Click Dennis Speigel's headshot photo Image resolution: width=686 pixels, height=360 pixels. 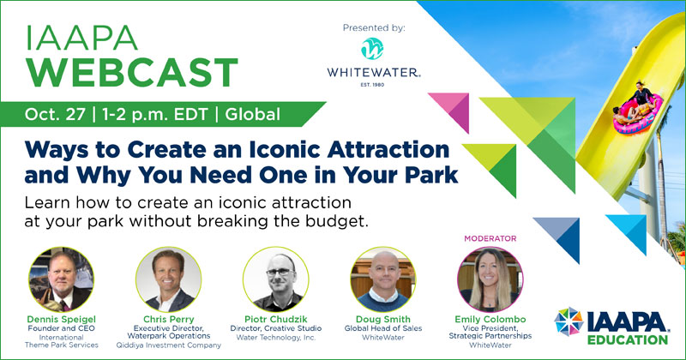61,279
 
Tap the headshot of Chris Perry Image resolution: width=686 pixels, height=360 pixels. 168,279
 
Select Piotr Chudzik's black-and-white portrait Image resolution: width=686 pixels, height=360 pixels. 275,279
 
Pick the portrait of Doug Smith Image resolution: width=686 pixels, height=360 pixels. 382,279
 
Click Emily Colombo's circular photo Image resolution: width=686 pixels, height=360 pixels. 490,279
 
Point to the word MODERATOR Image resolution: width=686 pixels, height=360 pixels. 490,238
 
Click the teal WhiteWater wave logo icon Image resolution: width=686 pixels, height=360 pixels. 372,48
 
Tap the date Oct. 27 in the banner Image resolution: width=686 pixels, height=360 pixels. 55,115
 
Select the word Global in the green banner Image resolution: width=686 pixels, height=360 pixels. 252,115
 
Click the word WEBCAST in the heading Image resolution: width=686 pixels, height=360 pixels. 131,73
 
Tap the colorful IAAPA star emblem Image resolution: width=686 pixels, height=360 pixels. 569,321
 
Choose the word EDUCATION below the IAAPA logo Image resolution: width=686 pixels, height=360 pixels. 628,340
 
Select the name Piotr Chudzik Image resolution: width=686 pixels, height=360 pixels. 275,320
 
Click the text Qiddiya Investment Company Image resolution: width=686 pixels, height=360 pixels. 168,345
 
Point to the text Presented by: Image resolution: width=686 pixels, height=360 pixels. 374,28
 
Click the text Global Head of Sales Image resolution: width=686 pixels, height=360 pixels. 383,328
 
